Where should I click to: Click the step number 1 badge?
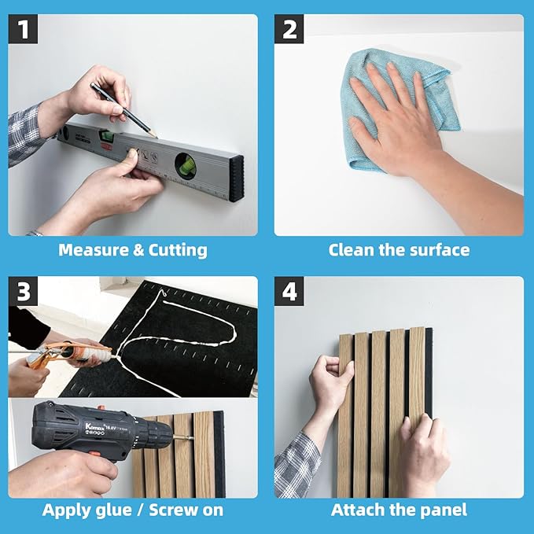point(24,30)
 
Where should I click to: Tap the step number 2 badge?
point(289,30)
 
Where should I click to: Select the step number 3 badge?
point(24,292)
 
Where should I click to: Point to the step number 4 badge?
point(289,292)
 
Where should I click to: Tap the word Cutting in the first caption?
point(176,250)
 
